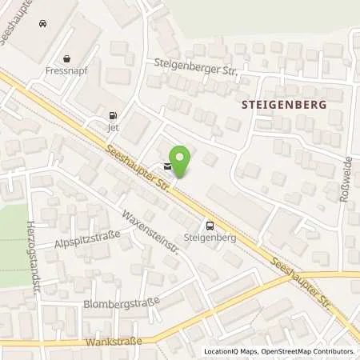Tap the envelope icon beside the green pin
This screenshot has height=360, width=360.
[x=166, y=167]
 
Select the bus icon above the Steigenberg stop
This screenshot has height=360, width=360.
[x=210, y=226]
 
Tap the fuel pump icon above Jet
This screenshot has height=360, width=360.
[x=111, y=114]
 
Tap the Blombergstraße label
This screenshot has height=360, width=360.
[x=122, y=303]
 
